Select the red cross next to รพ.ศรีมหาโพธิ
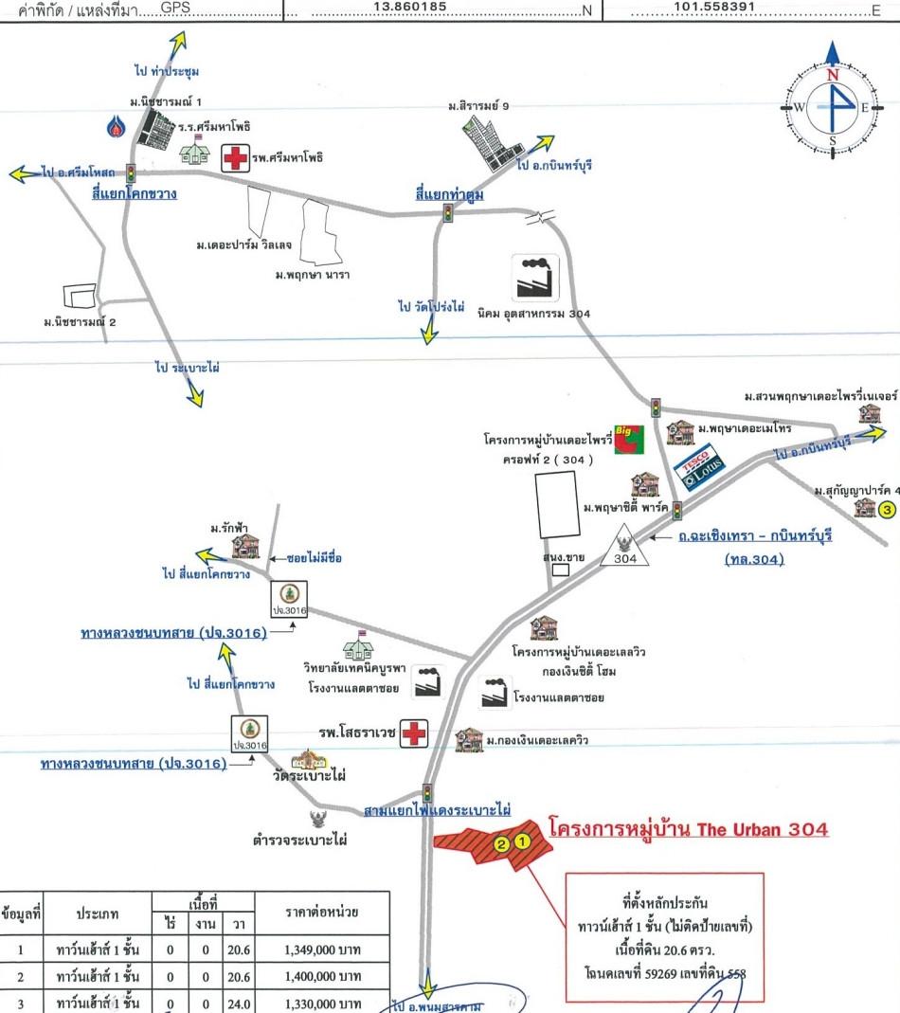click(x=234, y=157)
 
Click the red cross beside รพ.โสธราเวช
click(x=414, y=733)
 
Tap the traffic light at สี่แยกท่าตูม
click(x=447, y=216)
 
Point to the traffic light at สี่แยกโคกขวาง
click(x=131, y=173)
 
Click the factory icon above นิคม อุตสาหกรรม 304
click(x=536, y=277)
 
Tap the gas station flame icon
click(x=117, y=126)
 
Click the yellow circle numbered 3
click(x=887, y=510)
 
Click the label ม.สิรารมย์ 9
click(x=478, y=106)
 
